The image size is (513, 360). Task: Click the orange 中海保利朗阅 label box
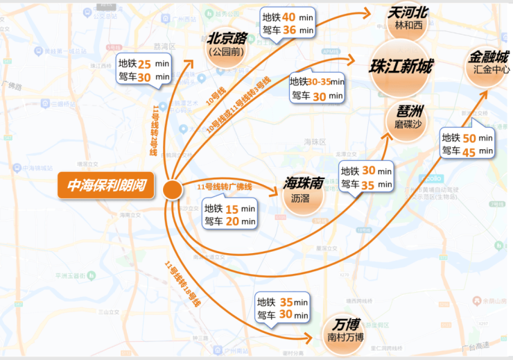pos(107,186)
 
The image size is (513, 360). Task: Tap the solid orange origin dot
pos(172,188)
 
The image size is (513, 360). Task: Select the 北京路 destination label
pos(228,38)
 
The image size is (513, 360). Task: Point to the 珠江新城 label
pos(401,67)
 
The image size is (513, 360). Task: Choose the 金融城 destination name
pos(489,57)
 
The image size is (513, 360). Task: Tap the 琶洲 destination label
pos(404,111)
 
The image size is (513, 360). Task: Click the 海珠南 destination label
pos(304,183)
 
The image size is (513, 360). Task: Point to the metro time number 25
pos(144,63)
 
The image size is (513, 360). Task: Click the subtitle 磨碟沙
pos(404,124)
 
